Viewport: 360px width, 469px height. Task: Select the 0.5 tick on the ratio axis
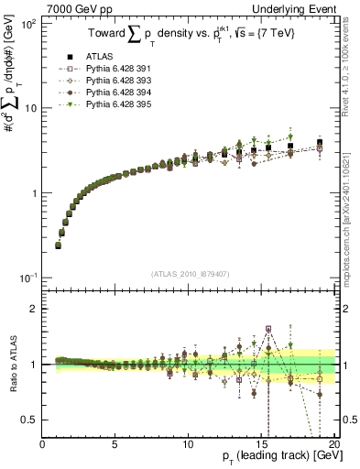(x=31, y=420)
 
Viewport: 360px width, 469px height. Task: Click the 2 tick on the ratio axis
(x=35, y=309)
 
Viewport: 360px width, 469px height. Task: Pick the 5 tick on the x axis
(x=115, y=444)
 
